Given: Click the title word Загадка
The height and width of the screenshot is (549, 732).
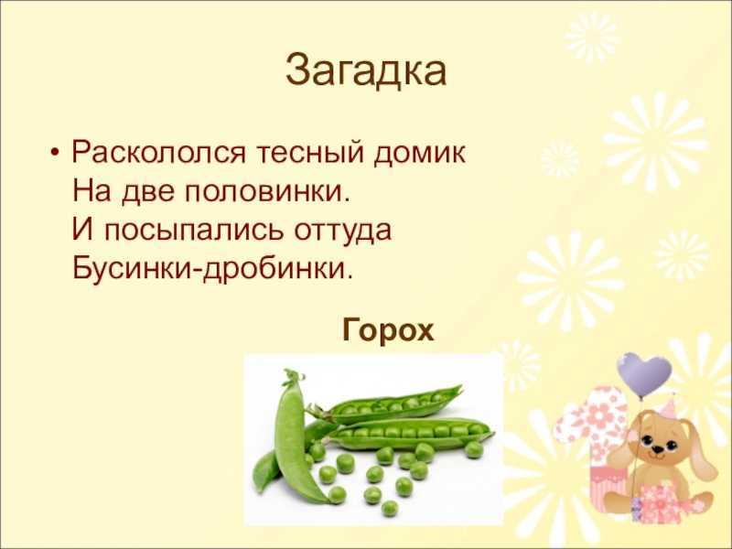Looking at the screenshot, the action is pyautogui.click(x=366, y=71).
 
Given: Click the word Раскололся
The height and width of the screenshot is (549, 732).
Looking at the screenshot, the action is pyautogui.click(x=158, y=153).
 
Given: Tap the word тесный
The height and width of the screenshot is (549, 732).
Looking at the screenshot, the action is pyautogui.click(x=309, y=153).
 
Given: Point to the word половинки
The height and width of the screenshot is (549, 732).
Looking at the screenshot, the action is pyautogui.click(x=267, y=190).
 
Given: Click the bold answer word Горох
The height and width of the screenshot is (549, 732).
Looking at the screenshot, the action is pyautogui.click(x=388, y=331).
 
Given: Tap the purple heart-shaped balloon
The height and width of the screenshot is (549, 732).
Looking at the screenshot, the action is pyautogui.click(x=644, y=374).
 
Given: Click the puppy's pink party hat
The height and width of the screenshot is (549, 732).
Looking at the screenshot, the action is pyautogui.click(x=671, y=404).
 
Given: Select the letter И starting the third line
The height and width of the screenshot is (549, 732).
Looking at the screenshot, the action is pyautogui.click(x=82, y=230).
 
